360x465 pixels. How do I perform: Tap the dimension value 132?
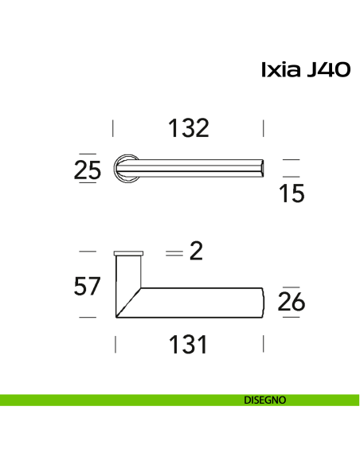(x=188, y=127)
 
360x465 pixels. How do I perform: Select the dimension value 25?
(x=88, y=170)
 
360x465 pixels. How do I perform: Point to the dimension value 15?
(x=292, y=193)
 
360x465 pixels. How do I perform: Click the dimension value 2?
(x=197, y=252)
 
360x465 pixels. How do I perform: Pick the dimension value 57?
(x=88, y=285)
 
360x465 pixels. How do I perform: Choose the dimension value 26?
(x=292, y=303)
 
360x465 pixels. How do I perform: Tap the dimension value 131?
(x=188, y=345)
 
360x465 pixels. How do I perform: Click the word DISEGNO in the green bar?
(x=265, y=401)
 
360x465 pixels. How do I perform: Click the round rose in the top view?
(x=126, y=169)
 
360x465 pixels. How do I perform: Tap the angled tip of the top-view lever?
(x=260, y=168)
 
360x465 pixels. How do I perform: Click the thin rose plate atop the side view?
(x=129, y=252)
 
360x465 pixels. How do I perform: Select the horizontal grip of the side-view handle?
(x=199, y=303)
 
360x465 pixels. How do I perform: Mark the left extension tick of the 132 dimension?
(x=114, y=127)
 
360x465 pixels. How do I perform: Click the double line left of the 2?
(x=174, y=253)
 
